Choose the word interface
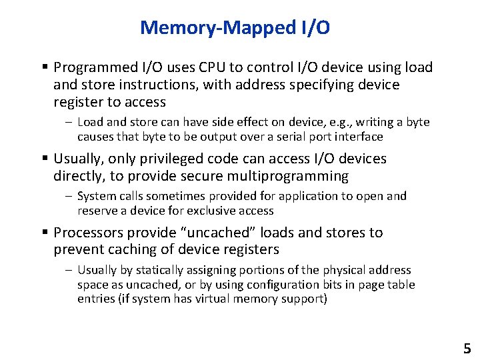[x=359, y=137]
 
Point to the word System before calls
[x=97, y=196]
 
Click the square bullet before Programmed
[x=45, y=67]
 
